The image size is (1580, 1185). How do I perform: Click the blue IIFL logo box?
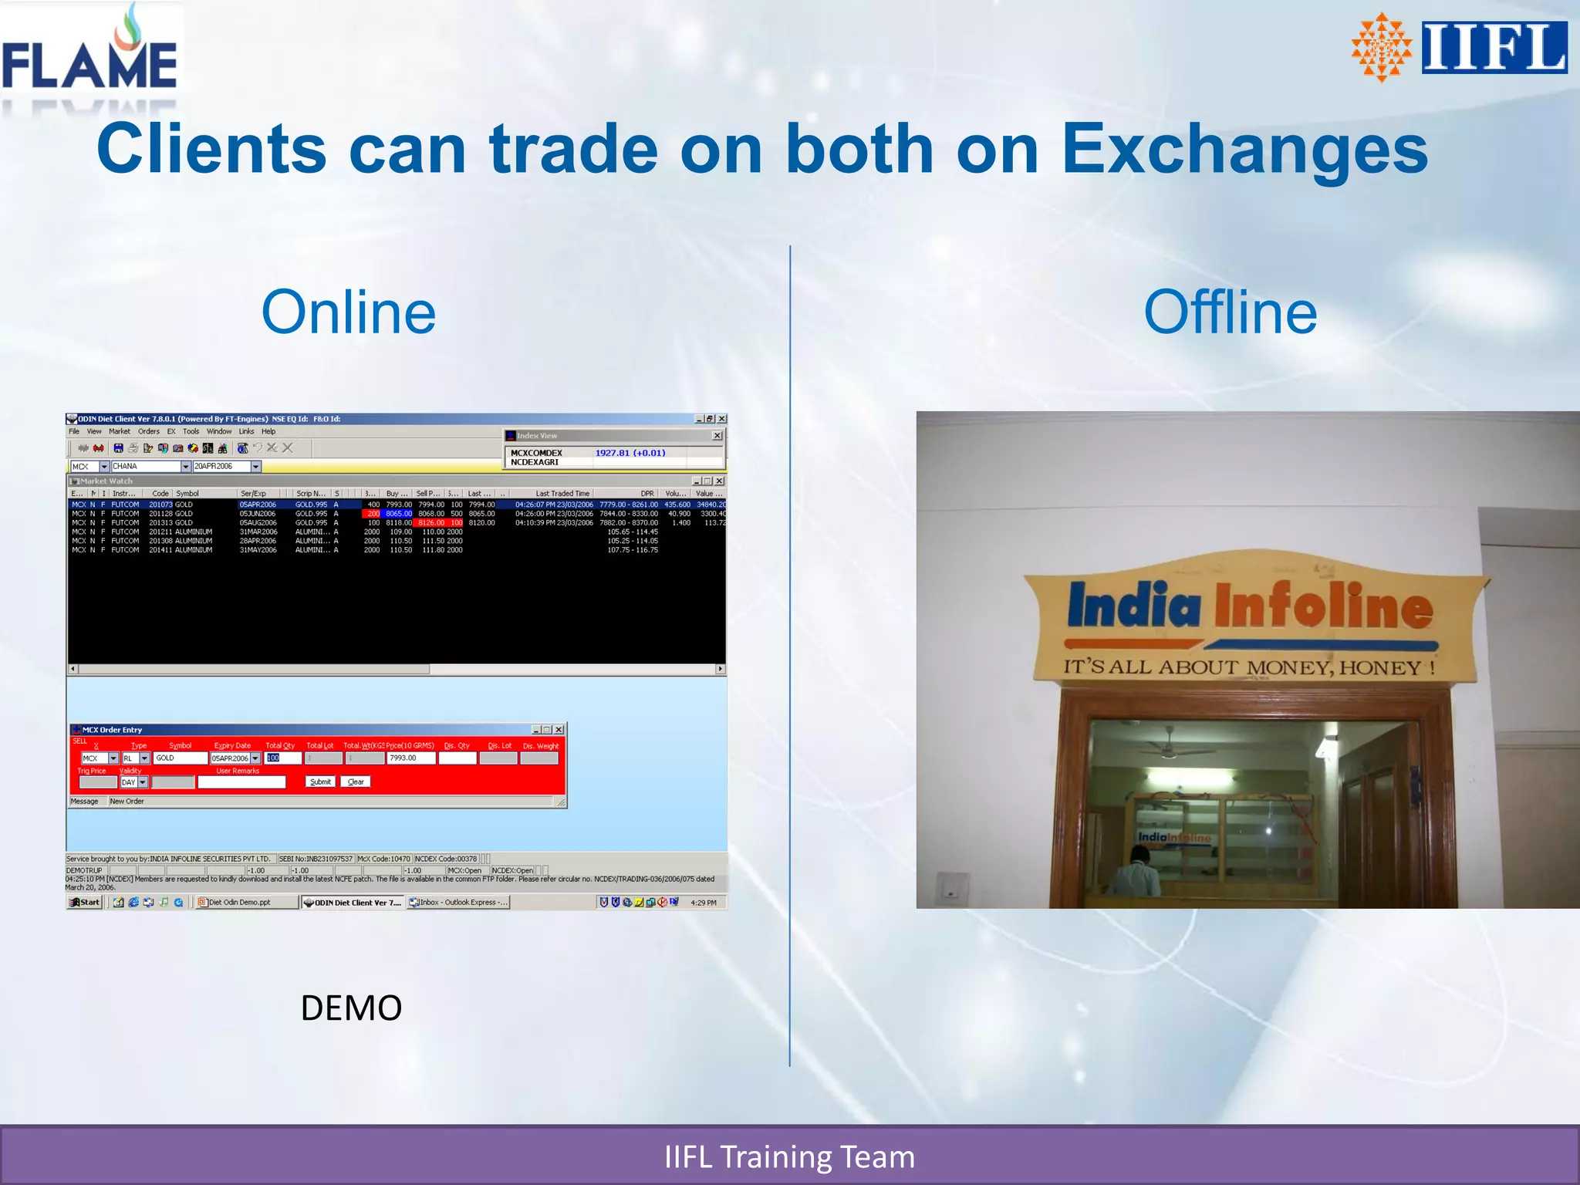[x=1494, y=47]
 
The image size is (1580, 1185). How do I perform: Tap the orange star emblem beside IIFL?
[x=1382, y=47]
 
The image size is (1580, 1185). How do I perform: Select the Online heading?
[x=349, y=312]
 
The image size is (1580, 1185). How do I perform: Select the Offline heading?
[x=1230, y=312]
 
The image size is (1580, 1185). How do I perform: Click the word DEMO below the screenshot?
[x=351, y=1008]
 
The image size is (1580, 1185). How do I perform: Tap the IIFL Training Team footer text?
[x=789, y=1156]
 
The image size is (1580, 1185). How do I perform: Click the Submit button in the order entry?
[x=320, y=782]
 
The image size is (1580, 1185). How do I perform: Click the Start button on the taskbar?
[x=85, y=902]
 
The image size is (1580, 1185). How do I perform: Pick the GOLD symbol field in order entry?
[x=180, y=758]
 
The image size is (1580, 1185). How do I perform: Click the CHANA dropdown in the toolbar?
[x=151, y=466]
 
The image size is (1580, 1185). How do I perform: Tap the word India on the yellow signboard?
[x=1133, y=606]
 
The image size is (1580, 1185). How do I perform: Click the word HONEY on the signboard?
[x=1380, y=667]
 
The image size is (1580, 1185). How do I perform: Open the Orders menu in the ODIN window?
[x=149, y=431]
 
